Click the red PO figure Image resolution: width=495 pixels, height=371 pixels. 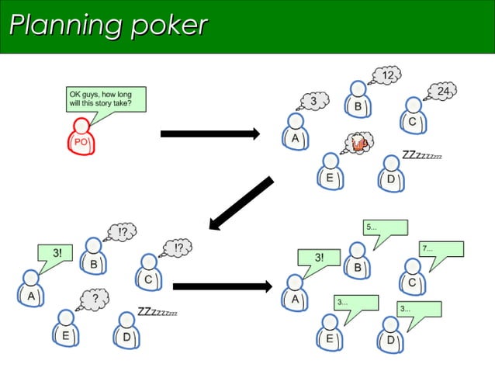pyautogui.click(x=81, y=138)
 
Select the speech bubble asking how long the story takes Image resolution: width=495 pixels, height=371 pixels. pyautogui.click(x=105, y=99)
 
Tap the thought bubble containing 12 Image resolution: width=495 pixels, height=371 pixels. pyautogui.click(x=386, y=75)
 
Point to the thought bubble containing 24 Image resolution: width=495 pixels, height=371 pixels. pyautogui.click(x=441, y=92)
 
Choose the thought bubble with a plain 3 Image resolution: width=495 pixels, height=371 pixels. pyautogui.click(x=313, y=101)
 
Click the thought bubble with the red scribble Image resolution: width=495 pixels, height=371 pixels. pyautogui.click(x=358, y=142)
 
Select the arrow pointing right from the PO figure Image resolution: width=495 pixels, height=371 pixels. pyautogui.click(x=209, y=134)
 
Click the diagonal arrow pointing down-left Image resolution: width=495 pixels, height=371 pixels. pyautogui.click(x=241, y=204)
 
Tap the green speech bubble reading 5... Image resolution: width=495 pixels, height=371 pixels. pyautogui.click(x=386, y=228)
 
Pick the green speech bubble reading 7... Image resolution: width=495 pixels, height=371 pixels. pyautogui.click(x=441, y=249)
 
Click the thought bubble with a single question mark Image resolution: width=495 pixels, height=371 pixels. pyautogui.click(x=94, y=297)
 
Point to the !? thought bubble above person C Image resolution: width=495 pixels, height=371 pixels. pyautogui.click(x=177, y=248)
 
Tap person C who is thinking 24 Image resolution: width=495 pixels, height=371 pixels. pyautogui.click(x=413, y=116)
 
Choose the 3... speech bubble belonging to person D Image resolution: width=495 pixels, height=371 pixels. pyautogui.click(x=418, y=309)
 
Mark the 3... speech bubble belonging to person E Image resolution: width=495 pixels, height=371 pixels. pyautogui.click(x=355, y=303)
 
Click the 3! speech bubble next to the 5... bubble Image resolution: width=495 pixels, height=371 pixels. pyautogui.click(x=319, y=258)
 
